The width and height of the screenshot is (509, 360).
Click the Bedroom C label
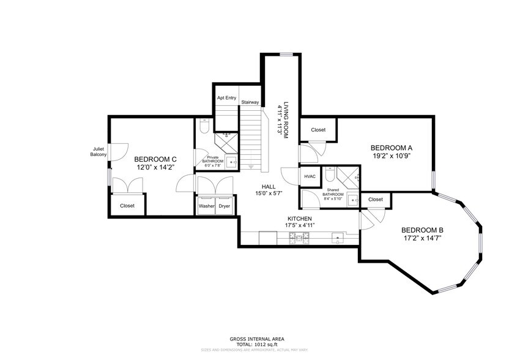pos(155,158)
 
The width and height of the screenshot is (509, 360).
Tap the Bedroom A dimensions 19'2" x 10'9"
pos(392,156)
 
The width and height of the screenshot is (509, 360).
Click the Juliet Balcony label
pos(98,151)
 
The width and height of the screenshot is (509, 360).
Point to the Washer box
pos(206,206)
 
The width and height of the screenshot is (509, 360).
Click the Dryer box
pos(224,206)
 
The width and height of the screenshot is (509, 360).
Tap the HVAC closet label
pos(310,176)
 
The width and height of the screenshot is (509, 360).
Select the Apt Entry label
pos(226,98)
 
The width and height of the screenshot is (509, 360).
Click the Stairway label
pos(250,102)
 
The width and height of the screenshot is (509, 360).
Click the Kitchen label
pos(300,219)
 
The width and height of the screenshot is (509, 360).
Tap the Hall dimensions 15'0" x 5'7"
pos(269,193)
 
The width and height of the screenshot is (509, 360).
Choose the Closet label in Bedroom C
pos(127,206)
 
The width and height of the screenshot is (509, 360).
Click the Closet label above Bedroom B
pos(375,200)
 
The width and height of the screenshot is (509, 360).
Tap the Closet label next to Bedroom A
pos(318,130)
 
